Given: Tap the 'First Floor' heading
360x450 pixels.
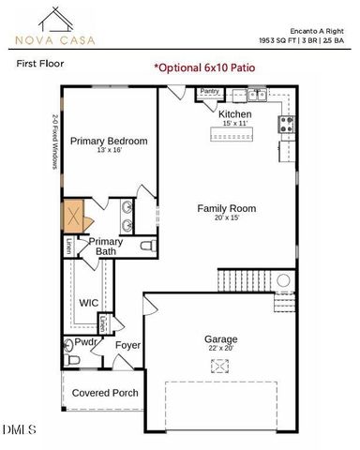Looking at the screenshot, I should pyautogui.click(x=39, y=65).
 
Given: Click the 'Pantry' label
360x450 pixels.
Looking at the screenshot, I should pyautogui.click(x=209, y=92).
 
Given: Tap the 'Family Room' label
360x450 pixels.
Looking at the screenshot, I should pyautogui.click(x=226, y=208).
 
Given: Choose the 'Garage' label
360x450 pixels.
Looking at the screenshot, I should pyautogui.click(x=221, y=338).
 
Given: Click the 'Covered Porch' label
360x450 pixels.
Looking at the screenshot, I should pyautogui.click(x=105, y=393).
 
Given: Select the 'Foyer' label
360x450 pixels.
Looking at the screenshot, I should pyautogui.click(x=127, y=345).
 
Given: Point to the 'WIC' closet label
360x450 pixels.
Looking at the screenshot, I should pyautogui.click(x=89, y=303).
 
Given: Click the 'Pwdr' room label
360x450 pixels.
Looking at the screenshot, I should pyautogui.click(x=87, y=343).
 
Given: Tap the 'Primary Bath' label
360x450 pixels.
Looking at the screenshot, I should pyautogui.click(x=105, y=247).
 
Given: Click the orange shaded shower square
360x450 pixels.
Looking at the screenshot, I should pyautogui.click(x=75, y=217).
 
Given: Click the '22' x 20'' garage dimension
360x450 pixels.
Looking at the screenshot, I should pyautogui.click(x=221, y=349).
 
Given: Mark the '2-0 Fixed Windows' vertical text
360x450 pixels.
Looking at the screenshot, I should pyautogui.click(x=54, y=142).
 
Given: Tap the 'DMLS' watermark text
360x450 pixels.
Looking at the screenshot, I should pyautogui.click(x=19, y=430).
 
